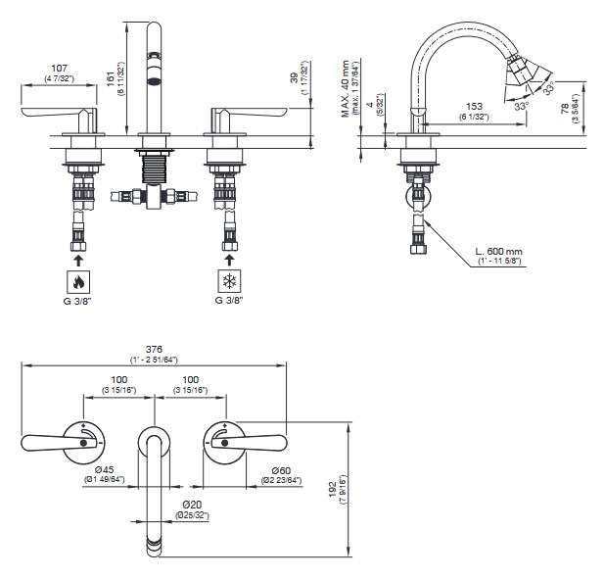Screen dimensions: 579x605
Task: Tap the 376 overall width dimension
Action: pos(153,348)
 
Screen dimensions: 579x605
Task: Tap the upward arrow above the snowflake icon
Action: pos(227,260)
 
